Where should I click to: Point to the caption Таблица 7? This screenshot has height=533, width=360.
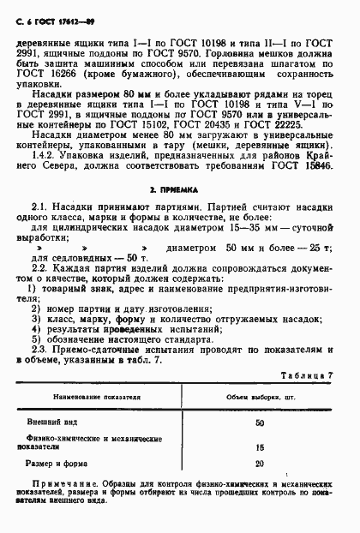tap(306, 353)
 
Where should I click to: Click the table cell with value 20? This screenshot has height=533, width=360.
tap(260, 464)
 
